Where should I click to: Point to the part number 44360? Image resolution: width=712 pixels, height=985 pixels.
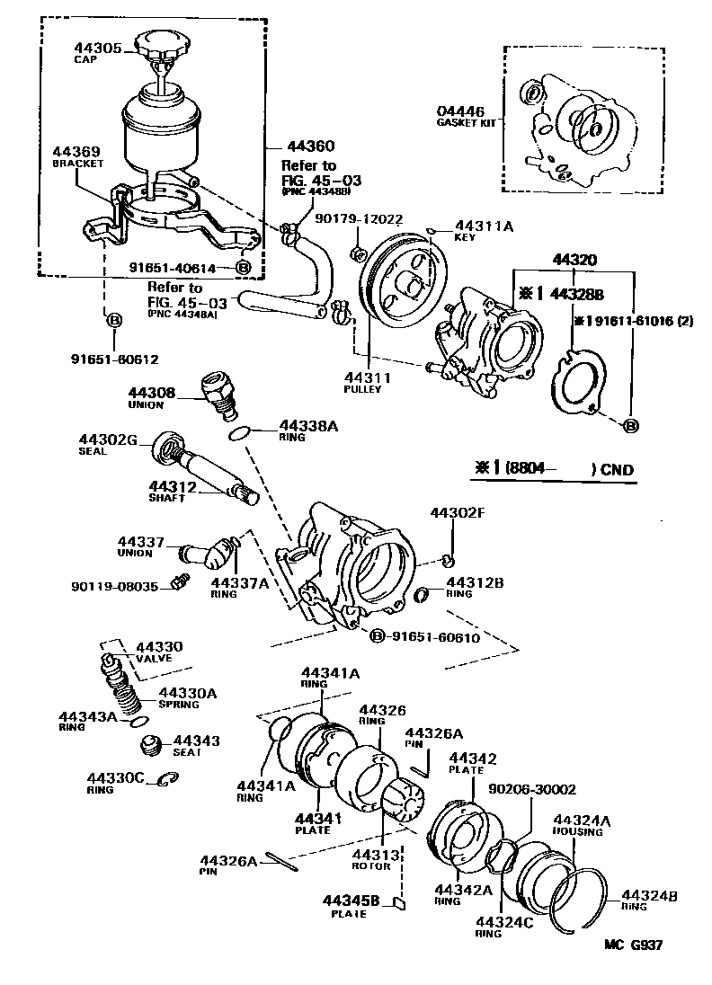[310, 146]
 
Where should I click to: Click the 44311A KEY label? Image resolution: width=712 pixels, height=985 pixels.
[483, 231]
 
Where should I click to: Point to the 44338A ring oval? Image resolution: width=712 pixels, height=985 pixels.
[239, 434]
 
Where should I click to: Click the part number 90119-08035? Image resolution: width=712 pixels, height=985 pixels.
[114, 586]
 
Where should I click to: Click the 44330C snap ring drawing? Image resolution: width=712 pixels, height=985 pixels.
[167, 779]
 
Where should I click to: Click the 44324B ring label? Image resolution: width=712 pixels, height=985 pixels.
[649, 900]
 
